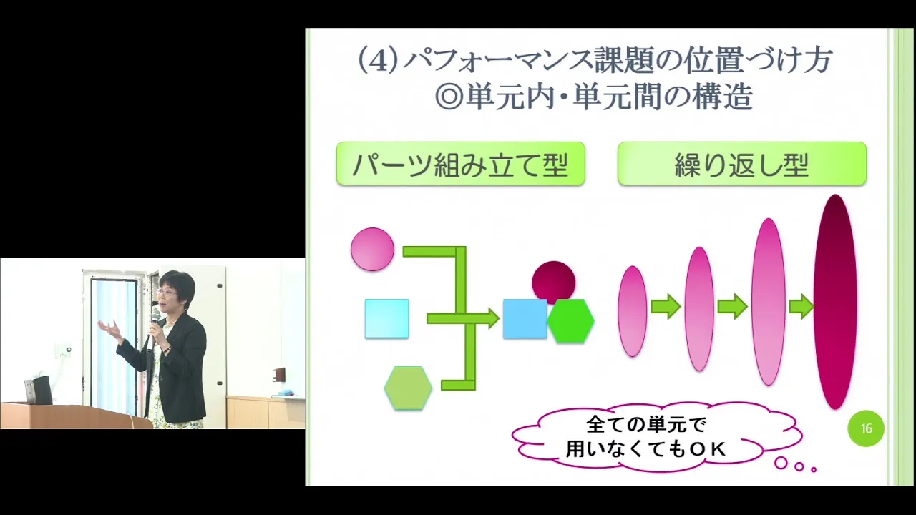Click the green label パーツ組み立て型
[x=460, y=164]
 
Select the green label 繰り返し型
[x=742, y=164]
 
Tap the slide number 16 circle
[x=866, y=428]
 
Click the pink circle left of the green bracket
[x=372, y=250]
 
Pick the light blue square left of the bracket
[x=386, y=319]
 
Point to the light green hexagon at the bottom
[x=408, y=388]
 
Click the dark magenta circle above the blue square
[x=554, y=281]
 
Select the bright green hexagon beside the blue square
[x=570, y=321]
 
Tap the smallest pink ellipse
[x=632, y=311]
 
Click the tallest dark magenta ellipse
[x=834, y=302]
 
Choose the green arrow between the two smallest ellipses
[x=666, y=306]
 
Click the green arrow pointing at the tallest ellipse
[x=801, y=306]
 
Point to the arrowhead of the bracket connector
[x=493, y=318]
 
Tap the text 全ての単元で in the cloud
[x=646, y=425]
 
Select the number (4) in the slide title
[x=378, y=61]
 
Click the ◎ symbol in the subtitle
[x=449, y=97]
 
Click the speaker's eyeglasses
[x=167, y=293]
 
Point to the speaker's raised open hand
[x=109, y=329]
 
